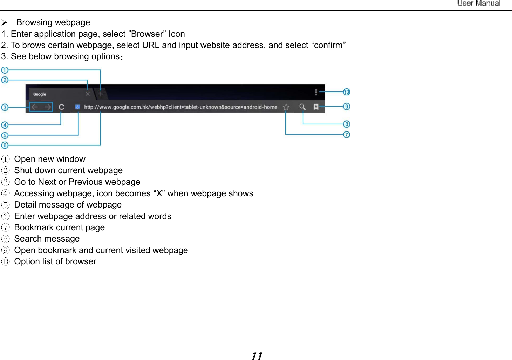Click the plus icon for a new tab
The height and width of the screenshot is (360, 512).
[x=101, y=94]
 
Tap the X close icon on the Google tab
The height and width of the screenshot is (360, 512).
[x=88, y=94]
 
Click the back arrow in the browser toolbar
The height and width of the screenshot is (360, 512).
[x=35, y=107]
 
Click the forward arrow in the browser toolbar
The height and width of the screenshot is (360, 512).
[x=47, y=107]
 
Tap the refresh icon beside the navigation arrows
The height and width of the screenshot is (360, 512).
[x=62, y=107]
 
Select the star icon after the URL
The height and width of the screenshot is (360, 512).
[x=286, y=107]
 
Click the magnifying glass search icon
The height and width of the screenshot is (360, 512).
[x=302, y=107]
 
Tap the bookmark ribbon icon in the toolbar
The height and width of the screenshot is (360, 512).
[x=316, y=107]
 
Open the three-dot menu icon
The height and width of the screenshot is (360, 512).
[x=316, y=92]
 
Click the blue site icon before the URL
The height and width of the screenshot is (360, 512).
[x=77, y=107]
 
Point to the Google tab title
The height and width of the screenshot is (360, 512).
[x=40, y=94]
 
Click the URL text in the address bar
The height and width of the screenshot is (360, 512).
[x=180, y=107]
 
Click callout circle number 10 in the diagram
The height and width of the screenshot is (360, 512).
[x=347, y=92]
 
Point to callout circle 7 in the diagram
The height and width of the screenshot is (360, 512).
[x=347, y=135]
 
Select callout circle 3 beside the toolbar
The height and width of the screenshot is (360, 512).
[x=5, y=107]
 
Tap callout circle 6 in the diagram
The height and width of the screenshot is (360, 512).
[x=5, y=145]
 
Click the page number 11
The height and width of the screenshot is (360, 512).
[x=257, y=356]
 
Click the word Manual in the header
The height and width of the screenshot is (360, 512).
[x=488, y=4]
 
